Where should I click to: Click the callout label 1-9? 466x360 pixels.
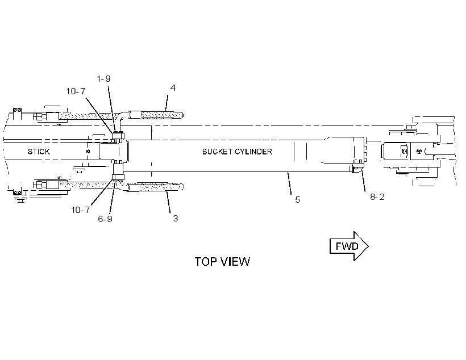pos(103,79)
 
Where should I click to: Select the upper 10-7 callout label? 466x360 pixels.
pos(76,91)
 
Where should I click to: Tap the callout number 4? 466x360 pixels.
pos(173,88)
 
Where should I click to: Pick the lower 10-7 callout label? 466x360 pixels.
pos(80,210)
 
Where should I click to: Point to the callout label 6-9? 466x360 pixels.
pos(105,219)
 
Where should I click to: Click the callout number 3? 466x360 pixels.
pos(176,218)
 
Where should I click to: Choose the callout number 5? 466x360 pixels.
pos(297,200)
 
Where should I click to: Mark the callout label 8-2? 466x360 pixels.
pos(377,197)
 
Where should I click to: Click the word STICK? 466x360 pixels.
pos(39,152)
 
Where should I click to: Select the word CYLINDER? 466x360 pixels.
pos(253,152)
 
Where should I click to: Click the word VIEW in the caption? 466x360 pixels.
pos(235,262)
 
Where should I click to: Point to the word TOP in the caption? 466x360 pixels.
pos(205,262)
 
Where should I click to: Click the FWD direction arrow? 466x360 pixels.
pos(349,246)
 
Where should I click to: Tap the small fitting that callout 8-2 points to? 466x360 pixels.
pos(357,168)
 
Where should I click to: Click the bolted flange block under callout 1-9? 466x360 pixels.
pos(118,137)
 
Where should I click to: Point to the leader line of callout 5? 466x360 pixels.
pos(289,183)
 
